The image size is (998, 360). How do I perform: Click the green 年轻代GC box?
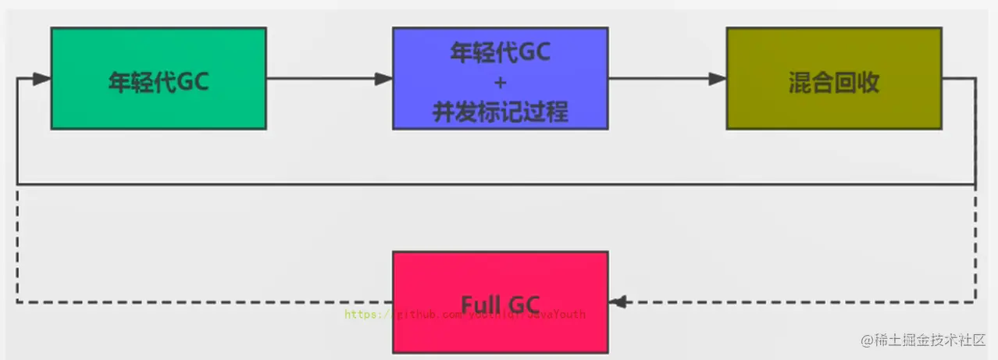pyautogui.click(x=158, y=78)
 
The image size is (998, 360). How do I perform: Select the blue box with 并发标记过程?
pyautogui.click(x=500, y=78)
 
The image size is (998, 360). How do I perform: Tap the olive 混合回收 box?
pyautogui.click(x=833, y=78)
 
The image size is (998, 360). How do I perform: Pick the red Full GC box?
pyautogui.click(x=500, y=301)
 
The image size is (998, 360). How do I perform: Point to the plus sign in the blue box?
pyautogui.click(x=501, y=82)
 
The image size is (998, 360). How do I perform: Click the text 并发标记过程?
pyautogui.click(x=501, y=112)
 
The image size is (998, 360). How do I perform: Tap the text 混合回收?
pyautogui.click(x=834, y=83)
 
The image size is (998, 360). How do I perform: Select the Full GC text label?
pyautogui.click(x=500, y=301)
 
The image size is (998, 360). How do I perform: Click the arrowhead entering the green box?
pyautogui.click(x=42, y=79)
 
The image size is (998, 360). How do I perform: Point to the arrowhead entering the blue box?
pyautogui.click(x=383, y=79)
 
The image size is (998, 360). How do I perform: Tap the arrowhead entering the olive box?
pyautogui.click(x=718, y=79)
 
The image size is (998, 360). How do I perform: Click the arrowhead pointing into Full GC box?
pyautogui.click(x=617, y=301)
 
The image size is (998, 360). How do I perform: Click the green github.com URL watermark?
pyautogui.click(x=464, y=315)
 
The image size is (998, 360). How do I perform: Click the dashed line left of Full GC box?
pyautogui.click(x=203, y=301)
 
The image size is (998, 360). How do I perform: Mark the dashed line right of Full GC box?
pyautogui.click(x=797, y=301)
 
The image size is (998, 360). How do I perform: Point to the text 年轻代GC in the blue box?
pyautogui.click(x=501, y=52)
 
